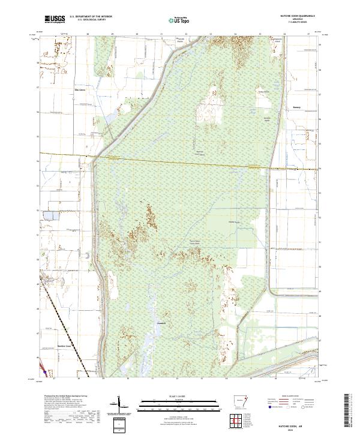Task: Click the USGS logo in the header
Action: (55, 20)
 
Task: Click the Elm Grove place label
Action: (78, 90)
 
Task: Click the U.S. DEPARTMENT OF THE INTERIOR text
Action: (91, 17)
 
